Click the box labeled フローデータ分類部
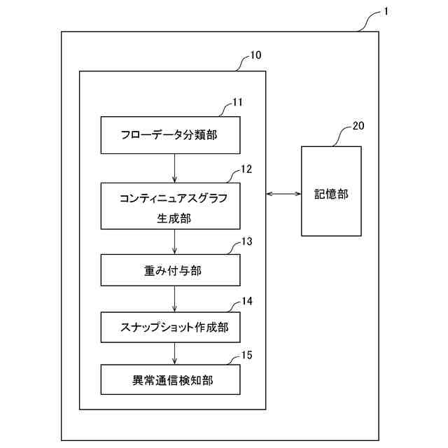click(174, 135)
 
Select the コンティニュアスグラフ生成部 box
click(174, 206)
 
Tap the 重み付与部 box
click(174, 270)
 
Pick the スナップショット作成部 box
click(174, 326)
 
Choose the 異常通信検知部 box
click(174, 381)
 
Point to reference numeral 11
click(238, 102)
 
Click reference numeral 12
click(246, 169)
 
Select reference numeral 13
click(246, 241)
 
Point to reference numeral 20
click(357, 126)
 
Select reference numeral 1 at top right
click(387, 13)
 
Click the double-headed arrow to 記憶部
click(283, 194)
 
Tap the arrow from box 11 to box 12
click(174, 168)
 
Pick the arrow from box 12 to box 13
click(174, 241)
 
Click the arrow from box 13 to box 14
click(174, 299)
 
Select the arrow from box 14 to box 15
click(174, 353)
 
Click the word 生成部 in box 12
click(174, 218)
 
